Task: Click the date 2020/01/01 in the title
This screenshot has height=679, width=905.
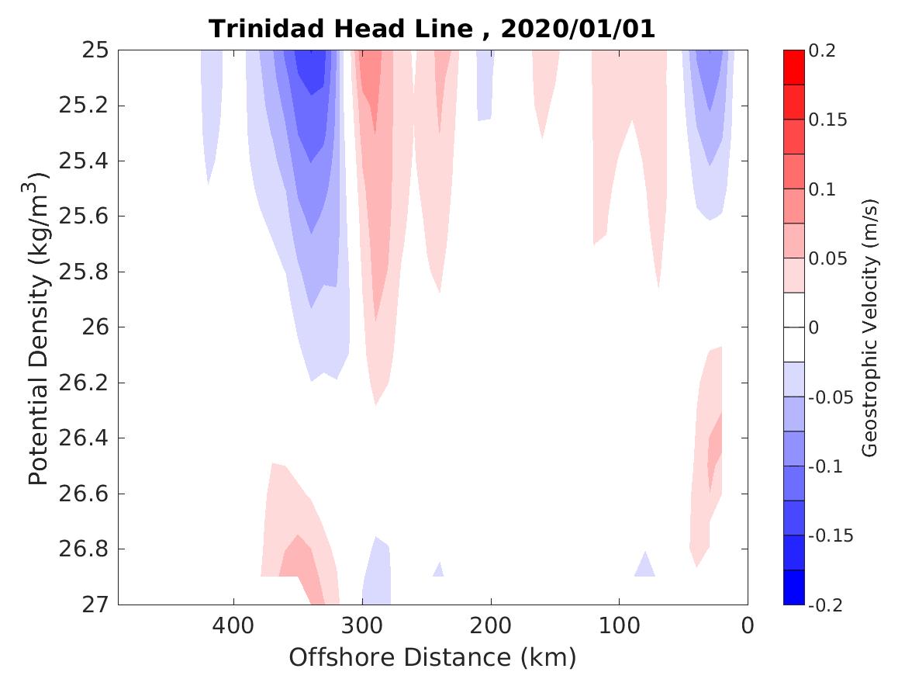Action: click(x=578, y=29)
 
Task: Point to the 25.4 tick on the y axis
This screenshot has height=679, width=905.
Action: click(x=81, y=161)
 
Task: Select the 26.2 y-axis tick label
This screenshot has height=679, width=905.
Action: click(x=81, y=383)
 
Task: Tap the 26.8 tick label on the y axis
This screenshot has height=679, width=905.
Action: click(x=81, y=549)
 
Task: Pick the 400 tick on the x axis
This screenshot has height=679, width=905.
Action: click(x=233, y=625)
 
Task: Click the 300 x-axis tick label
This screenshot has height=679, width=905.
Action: click(x=362, y=625)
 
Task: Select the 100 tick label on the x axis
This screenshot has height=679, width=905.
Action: click(x=619, y=625)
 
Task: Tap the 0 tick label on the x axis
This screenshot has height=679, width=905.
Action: click(x=748, y=625)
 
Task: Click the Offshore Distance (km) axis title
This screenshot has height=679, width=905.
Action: click(x=433, y=658)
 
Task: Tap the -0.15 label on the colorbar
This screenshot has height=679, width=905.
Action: click(x=831, y=535)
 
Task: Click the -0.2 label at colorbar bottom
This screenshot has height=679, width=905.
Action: click(x=827, y=605)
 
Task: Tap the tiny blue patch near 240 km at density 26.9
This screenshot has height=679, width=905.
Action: click(x=438, y=572)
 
